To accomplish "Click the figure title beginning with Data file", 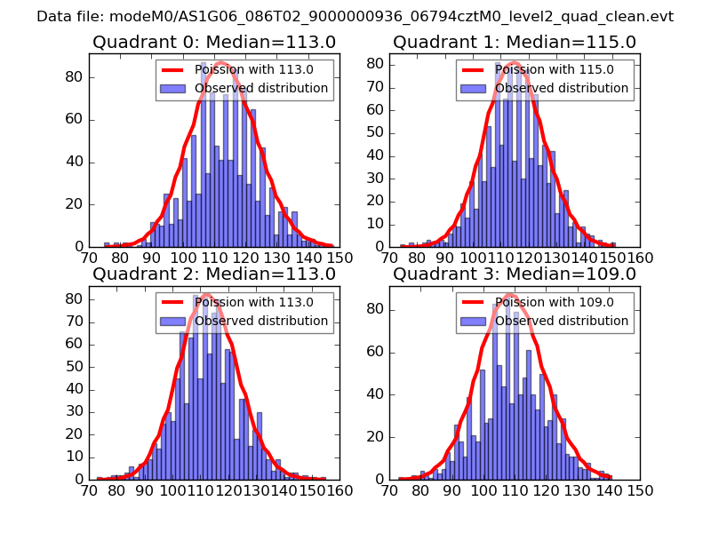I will pos(355,17).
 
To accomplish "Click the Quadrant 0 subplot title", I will pos(214,42).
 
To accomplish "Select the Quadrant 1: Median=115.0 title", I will pos(515,42).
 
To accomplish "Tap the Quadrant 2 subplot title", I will pos(214,274).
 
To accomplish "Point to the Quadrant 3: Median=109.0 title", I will pos(515,274).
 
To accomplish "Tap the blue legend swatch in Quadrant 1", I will pos(473,88).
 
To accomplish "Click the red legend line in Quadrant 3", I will pos(473,303).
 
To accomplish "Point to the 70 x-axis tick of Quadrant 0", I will pos(89,258).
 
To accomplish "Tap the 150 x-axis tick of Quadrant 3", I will pos(640,490).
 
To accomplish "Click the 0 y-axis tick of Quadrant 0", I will pos(79,246).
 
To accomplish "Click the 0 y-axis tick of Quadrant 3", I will pos(379,480).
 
